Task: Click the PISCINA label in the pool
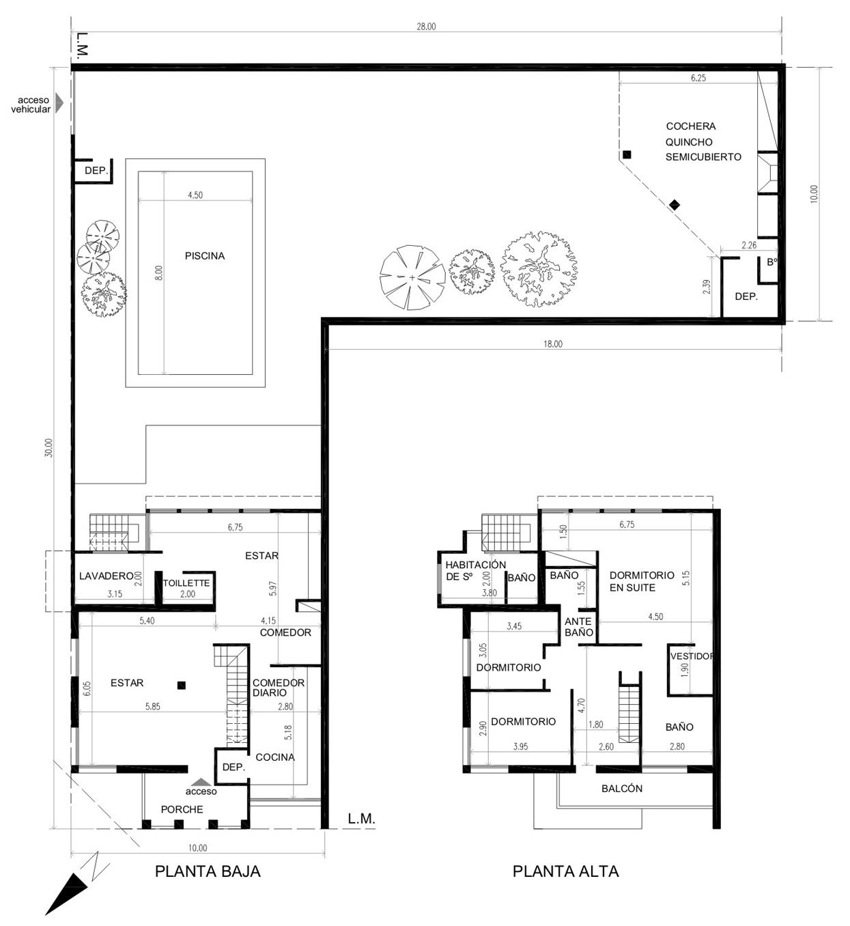tap(205, 255)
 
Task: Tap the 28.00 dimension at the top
tap(426, 27)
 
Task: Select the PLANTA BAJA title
tap(208, 871)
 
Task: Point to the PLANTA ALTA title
tap(565, 871)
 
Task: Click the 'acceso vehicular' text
tap(31, 104)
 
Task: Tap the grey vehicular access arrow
tap(59, 103)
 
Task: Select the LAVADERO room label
tap(107, 576)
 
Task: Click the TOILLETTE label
tap(186, 583)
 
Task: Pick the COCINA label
tap(275, 757)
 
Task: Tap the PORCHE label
tap(182, 809)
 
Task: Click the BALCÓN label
tap(622, 789)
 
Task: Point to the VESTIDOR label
tap(692, 656)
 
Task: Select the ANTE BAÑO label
tap(578, 627)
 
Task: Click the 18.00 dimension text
tap(553, 344)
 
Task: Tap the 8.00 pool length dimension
tap(159, 273)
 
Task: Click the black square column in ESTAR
tap(182, 686)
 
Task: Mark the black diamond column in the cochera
tap(675, 204)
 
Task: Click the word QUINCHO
tap(689, 142)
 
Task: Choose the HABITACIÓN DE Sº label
tap(476, 571)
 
